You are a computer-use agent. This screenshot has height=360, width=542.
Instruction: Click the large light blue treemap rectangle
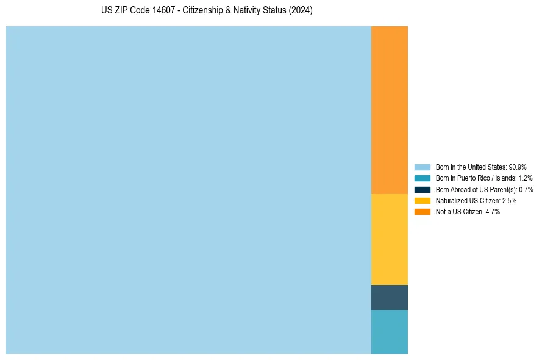pyautogui.click(x=188, y=190)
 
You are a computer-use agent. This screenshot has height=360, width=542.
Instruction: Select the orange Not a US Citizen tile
pyautogui.click(x=389, y=110)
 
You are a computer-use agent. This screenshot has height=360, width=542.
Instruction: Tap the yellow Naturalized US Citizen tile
pyautogui.click(x=389, y=239)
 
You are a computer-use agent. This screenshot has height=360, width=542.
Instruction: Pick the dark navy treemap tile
pyautogui.click(x=389, y=297)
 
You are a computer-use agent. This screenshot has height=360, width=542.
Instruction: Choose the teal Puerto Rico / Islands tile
pyautogui.click(x=389, y=331)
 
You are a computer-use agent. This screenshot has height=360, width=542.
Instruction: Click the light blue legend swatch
pyautogui.click(x=422, y=167)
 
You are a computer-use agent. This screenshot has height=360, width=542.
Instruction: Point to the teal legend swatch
pyautogui.click(x=422, y=178)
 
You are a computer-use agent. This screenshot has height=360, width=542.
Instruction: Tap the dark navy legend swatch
pyautogui.click(x=422, y=189)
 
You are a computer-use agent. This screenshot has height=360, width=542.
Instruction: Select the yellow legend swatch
pyautogui.click(x=422, y=200)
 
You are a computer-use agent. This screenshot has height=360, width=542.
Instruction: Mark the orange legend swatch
pyautogui.click(x=422, y=212)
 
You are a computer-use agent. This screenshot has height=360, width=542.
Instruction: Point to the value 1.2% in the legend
pyautogui.click(x=526, y=178)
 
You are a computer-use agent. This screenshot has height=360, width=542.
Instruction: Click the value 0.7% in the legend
pyautogui.click(x=526, y=189)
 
